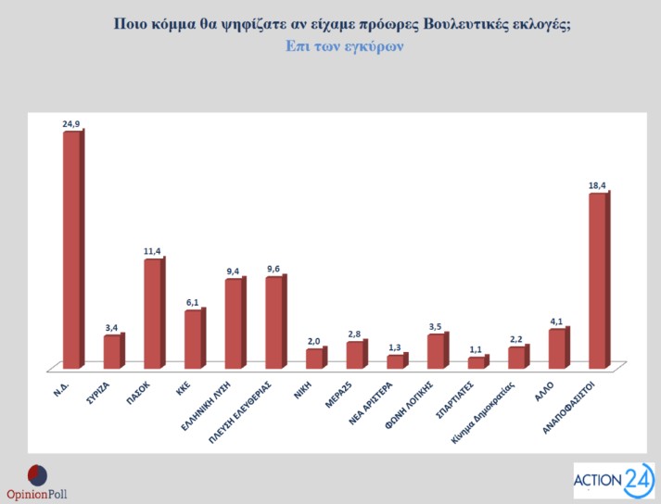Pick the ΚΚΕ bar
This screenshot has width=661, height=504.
click(194, 338)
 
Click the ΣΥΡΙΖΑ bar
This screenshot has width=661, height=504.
click(112, 351)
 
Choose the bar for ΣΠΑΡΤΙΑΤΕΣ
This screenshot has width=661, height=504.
click(477, 362)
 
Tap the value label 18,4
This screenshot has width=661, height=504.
click(599, 184)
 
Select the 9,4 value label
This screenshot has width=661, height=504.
click(235, 271)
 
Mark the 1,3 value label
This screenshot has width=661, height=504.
click(396, 346)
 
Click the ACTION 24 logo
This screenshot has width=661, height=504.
click(613, 480)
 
